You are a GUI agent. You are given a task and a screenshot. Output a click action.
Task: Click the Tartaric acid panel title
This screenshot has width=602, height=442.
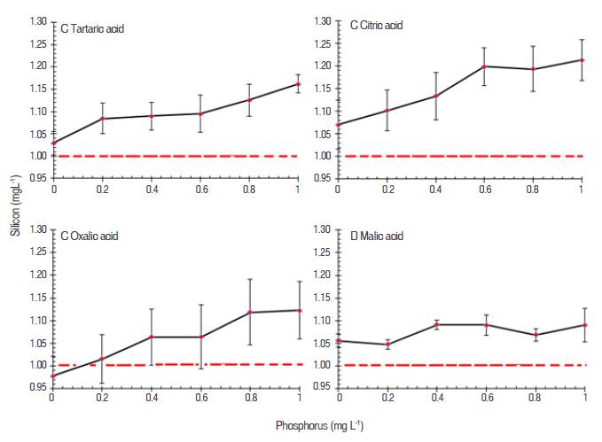click(x=92, y=28)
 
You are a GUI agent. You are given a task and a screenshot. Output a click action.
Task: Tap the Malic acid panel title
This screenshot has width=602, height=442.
click(x=376, y=237)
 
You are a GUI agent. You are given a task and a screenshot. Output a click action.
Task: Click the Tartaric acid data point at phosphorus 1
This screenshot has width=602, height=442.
click(x=297, y=84)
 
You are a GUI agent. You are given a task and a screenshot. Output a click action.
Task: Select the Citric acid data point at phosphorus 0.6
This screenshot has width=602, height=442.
click(x=484, y=66)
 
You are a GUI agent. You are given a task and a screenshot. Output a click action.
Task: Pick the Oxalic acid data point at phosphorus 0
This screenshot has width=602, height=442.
click(x=53, y=376)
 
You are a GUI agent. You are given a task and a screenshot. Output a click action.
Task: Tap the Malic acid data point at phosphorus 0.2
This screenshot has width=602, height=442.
click(x=387, y=345)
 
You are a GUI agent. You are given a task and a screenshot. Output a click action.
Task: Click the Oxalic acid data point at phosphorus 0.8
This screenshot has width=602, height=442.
click(x=249, y=313)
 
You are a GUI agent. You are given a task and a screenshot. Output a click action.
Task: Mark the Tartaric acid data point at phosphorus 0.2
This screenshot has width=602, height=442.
click(x=103, y=118)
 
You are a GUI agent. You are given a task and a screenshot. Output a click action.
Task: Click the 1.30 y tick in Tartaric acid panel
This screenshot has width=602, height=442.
click(x=38, y=20)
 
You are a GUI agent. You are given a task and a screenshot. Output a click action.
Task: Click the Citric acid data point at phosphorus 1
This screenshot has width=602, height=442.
click(x=582, y=60)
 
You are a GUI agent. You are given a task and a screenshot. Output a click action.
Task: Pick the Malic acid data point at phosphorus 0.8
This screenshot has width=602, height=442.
click(x=533, y=335)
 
